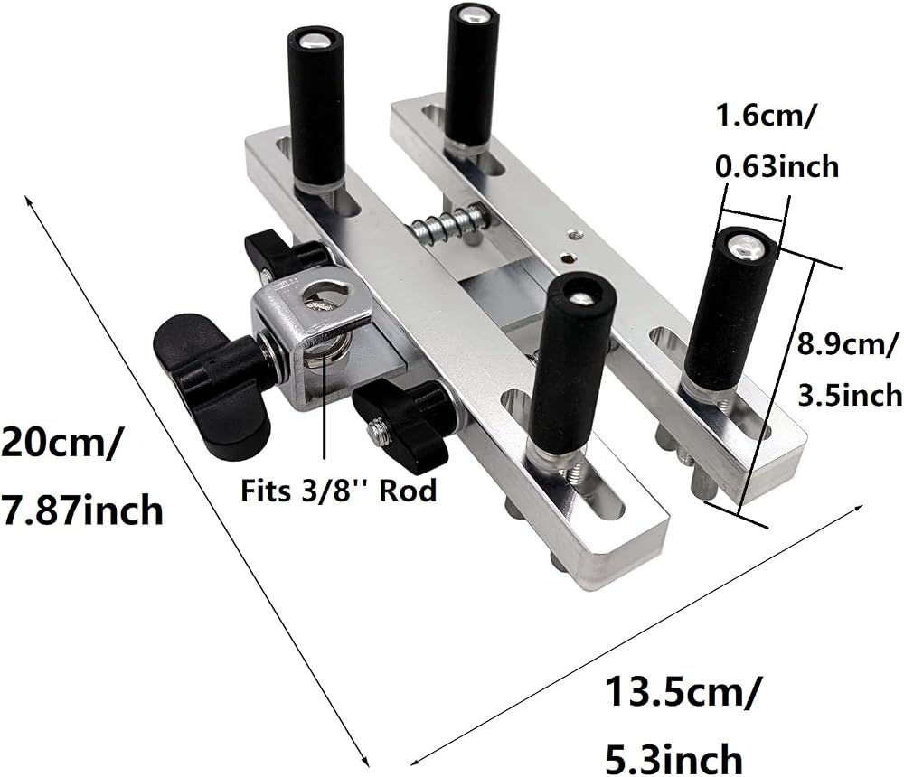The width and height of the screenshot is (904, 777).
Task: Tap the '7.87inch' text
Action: point(81,510)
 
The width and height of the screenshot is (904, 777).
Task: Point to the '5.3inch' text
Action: point(673,759)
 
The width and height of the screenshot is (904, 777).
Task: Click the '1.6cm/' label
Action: point(765,116)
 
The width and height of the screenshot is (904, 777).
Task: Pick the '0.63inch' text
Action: point(777,166)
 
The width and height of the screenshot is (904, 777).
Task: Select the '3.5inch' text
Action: point(850,395)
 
